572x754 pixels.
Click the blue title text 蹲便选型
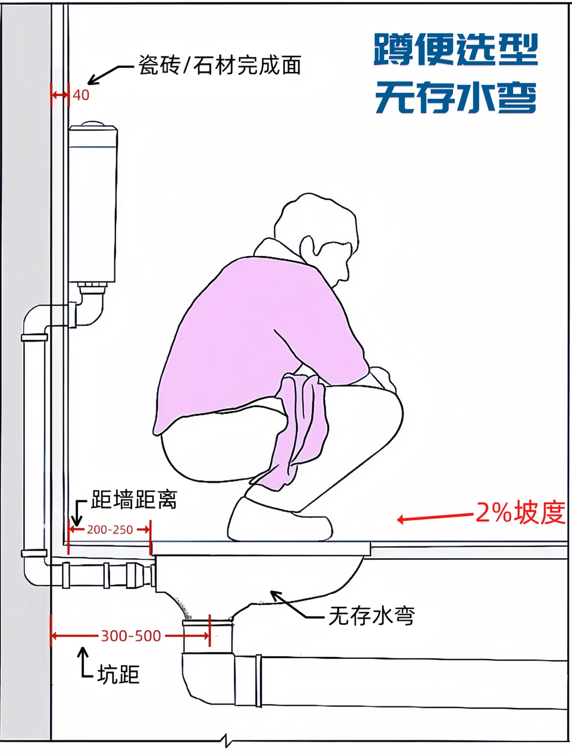(x=455, y=49)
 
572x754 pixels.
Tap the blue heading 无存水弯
(x=456, y=97)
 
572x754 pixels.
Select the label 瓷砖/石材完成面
(x=220, y=65)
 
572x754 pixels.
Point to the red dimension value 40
(x=81, y=95)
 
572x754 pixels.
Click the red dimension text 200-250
(x=110, y=530)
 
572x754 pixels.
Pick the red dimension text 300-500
(x=131, y=636)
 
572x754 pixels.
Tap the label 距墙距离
(x=134, y=499)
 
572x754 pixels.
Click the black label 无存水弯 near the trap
(x=372, y=615)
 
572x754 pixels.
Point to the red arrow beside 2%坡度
(x=435, y=517)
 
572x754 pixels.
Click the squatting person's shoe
(x=280, y=520)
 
